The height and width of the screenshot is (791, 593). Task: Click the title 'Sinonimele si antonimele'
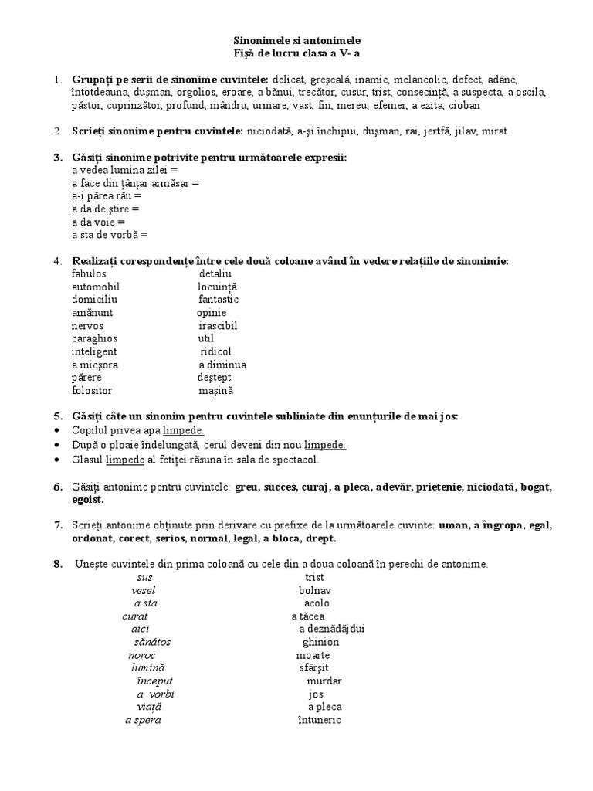296,39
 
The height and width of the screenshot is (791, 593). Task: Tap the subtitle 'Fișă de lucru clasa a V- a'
296,53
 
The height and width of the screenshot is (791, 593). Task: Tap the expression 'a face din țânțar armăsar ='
135,183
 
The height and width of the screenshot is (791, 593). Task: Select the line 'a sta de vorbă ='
109,235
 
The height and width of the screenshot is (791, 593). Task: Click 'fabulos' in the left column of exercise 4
89,273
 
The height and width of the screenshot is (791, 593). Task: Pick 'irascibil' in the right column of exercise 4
217,325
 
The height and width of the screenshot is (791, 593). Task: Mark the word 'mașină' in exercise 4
215,391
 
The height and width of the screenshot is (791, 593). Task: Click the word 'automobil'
96,287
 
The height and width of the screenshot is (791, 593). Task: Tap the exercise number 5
57,416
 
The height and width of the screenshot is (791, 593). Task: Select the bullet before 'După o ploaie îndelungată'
59,446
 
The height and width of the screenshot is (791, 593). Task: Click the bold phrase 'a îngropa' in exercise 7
496,525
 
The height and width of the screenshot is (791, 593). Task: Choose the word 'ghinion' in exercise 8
320,642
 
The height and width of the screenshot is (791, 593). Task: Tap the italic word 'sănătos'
152,642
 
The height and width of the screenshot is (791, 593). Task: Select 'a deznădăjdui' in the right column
331,629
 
